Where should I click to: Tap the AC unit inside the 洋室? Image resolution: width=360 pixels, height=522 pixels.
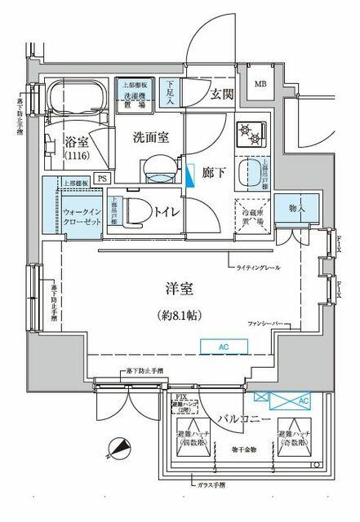(x=224, y=347)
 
